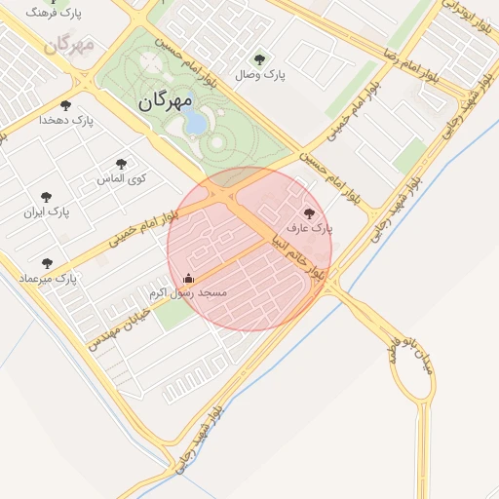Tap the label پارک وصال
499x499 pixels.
point(260,75)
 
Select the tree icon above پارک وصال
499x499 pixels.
point(258,59)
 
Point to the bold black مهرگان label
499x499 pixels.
point(165,100)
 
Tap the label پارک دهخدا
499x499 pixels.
point(65,120)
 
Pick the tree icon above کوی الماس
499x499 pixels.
point(121,165)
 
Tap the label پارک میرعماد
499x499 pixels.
point(47,280)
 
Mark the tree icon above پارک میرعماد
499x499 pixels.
point(46,263)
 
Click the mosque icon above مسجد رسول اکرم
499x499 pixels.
point(189,278)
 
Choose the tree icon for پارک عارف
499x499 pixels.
point(310,213)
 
